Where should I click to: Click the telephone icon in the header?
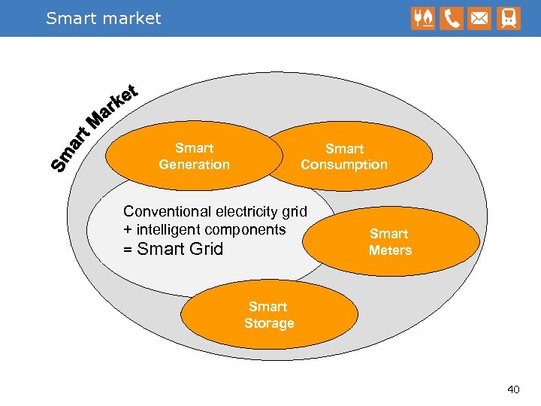(x=452, y=18)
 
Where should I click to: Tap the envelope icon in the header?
(x=479, y=18)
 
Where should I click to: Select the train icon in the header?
(x=507, y=18)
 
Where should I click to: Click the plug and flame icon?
(x=423, y=18)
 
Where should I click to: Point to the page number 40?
(x=513, y=389)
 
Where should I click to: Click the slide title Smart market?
(x=103, y=18)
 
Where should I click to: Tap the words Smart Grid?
(x=180, y=249)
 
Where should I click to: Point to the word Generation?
(x=194, y=165)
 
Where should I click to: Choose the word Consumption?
(x=344, y=165)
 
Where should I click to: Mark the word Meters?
(x=390, y=250)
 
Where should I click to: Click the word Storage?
(x=269, y=323)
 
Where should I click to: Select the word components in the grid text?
(x=247, y=229)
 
